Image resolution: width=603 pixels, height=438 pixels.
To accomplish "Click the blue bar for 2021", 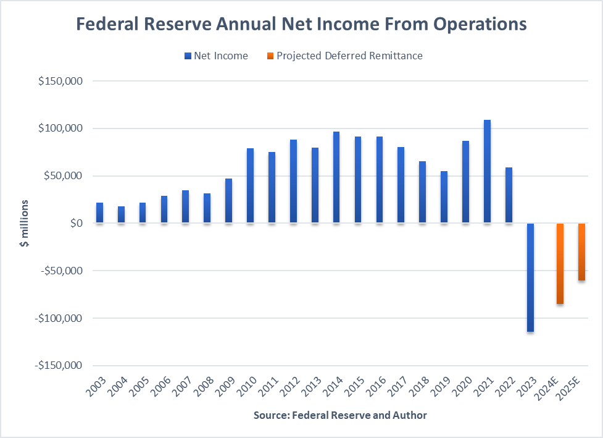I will click(487, 171).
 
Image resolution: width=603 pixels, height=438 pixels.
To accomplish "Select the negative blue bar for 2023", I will click(530, 277).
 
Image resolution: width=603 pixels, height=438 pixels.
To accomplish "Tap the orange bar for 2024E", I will click(559, 263).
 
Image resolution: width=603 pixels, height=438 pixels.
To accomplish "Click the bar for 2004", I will click(121, 214).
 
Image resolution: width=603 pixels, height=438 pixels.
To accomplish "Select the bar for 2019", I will click(444, 196).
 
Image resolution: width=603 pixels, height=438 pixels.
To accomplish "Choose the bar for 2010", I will click(250, 185).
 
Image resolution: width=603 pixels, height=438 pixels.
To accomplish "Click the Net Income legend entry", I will click(215, 56).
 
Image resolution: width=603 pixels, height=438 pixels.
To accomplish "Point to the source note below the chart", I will click(339, 415).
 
